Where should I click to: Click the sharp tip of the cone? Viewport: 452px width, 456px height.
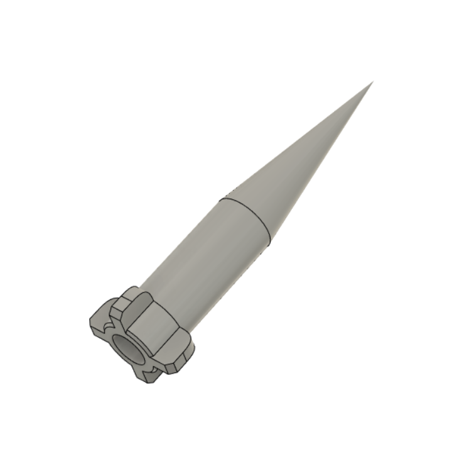click(x=372, y=82)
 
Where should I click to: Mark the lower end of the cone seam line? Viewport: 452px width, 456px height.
click(x=269, y=242)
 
